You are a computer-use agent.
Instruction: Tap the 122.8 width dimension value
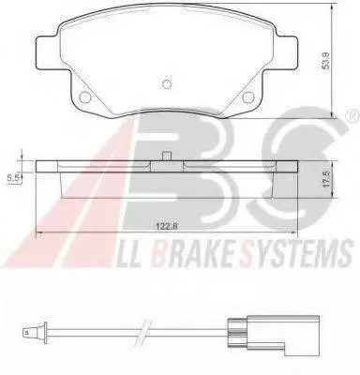coord(167,227)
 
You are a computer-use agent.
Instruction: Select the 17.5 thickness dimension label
coord(326,179)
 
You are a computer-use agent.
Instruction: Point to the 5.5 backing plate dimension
coord(14,178)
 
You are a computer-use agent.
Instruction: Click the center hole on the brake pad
coord(167,83)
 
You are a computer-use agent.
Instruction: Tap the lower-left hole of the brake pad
coord(84,97)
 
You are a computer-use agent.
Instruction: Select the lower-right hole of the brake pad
coord(248,97)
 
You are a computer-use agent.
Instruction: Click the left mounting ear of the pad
coord(49,52)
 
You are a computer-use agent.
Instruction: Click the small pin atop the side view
coord(167,157)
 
